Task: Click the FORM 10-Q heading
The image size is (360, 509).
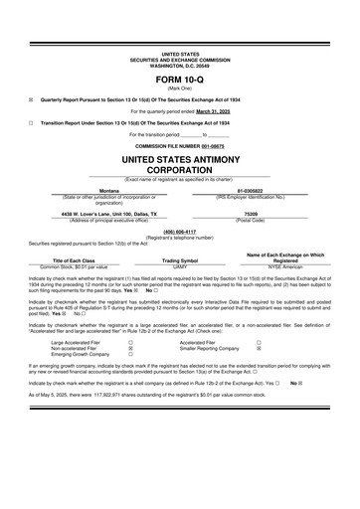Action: [179, 80]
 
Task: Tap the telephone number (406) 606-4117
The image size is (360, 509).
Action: [179, 232]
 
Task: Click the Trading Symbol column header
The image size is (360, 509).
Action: [180, 260]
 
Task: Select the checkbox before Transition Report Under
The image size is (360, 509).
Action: [32, 122]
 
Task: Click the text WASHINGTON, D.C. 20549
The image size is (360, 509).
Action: [179, 65]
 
